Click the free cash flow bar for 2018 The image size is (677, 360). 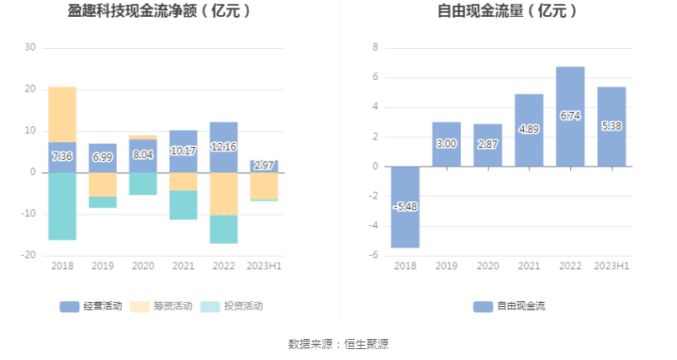pyautogui.click(x=405, y=207)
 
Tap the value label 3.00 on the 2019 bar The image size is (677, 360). pyautogui.click(x=447, y=144)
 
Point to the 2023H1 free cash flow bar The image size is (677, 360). pyautogui.click(x=611, y=126)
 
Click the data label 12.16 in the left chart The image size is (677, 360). pyautogui.click(x=224, y=146)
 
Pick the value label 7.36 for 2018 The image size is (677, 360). pyautogui.click(x=62, y=156)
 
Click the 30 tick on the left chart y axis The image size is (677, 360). pyautogui.click(x=30, y=47)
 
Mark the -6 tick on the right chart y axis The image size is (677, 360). pyautogui.click(x=375, y=256)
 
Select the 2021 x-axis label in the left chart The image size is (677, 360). pyautogui.click(x=183, y=266)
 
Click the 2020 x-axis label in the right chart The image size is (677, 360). pyautogui.click(x=488, y=266)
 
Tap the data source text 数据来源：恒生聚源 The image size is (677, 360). pyautogui.click(x=338, y=344)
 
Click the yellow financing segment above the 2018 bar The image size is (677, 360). pyautogui.click(x=62, y=114)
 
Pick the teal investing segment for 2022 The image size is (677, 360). pyautogui.click(x=224, y=230)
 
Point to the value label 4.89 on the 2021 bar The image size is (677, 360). pyautogui.click(x=529, y=129)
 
